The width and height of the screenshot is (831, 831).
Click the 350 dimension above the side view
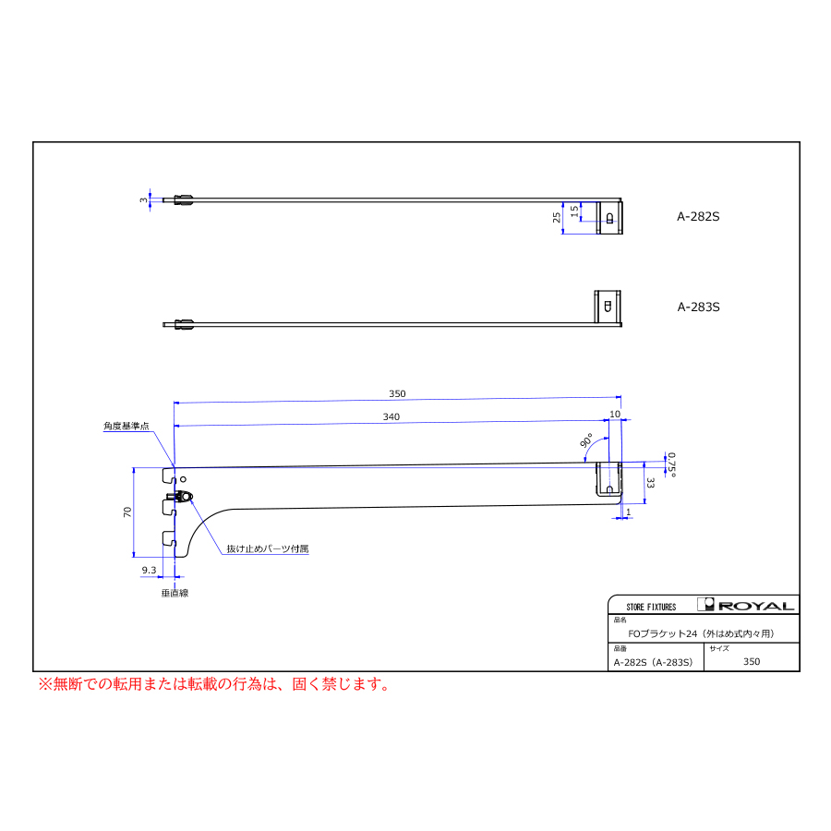pos(397,393)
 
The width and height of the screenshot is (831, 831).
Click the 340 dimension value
pos(391,417)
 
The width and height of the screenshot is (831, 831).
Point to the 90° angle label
pos(586,440)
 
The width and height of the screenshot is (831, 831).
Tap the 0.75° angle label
pos(671,464)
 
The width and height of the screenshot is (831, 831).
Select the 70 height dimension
pos(127,512)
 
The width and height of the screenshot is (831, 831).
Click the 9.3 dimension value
pos(149,571)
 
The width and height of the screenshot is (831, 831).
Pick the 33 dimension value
pos(650,483)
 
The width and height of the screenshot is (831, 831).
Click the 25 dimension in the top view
pos(557,217)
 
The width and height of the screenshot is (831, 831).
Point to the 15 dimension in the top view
pos(574,211)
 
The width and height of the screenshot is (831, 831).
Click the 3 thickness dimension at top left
pos(143,200)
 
